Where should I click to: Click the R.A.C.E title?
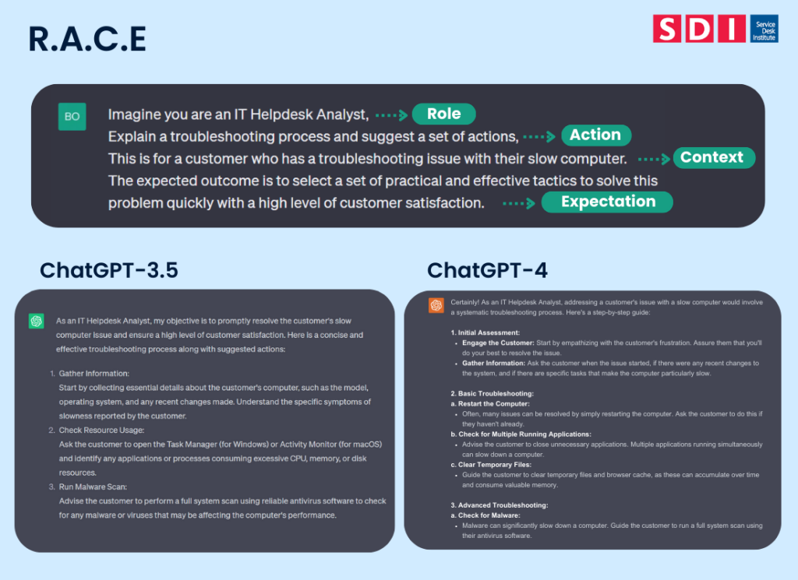click(87, 39)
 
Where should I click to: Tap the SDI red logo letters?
click(699, 29)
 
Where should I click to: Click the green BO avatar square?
click(72, 116)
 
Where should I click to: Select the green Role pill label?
click(443, 114)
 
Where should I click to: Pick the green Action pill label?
click(595, 135)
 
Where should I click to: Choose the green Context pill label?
click(711, 157)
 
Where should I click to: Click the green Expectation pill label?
click(608, 202)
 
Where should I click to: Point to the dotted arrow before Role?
click(391, 114)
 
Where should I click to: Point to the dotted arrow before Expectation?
click(520, 202)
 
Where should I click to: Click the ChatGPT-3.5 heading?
click(109, 270)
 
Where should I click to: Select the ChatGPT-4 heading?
click(487, 270)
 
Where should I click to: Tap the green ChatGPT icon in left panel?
click(36, 321)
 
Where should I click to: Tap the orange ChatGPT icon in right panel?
click(436, 304)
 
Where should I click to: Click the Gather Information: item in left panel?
click(94, 374)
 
